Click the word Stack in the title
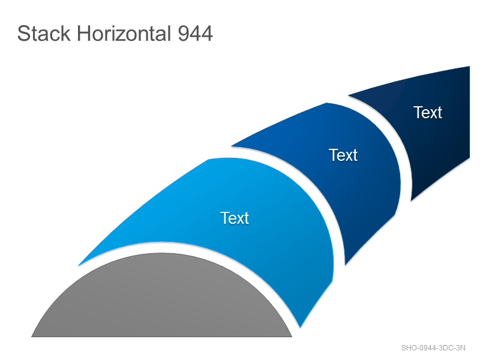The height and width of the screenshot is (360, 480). pyautogui.click(x=44, y=34)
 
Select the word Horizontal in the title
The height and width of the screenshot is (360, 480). pyautogui.click(x=124, y=34)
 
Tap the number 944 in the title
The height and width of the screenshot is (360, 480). pyautogui.click(x=196, y=34)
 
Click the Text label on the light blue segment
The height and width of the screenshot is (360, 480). pyautogui.click(x=235, y=218)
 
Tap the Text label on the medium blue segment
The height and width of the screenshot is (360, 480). pyautogui.click(x=343, y=155)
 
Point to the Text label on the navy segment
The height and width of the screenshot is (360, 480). pyautogui.click(x=428, y=112)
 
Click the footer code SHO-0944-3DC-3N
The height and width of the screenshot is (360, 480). pyautogui.click(x=433, y=348)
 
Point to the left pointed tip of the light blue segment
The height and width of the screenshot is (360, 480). pyautogui.click(x=79, y=265)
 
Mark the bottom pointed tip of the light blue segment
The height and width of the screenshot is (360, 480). pyautogui.click(x=301, y=328)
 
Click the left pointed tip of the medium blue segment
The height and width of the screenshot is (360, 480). pyautogui.click(x=231, y=146)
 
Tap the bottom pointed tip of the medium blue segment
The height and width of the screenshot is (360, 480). pyautogui.click(x=346, y=265)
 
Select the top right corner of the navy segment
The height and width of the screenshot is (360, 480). pyautogui.click(x=470, y=66)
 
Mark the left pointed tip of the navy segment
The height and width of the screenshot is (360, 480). pyautogui.click(x=349, y=95)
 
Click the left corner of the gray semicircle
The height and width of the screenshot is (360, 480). pyautogui.click(x=32, y=337)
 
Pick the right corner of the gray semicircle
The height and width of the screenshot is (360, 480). pyautogui.click(x=292, y=337)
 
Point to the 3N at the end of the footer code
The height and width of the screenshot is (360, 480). pyautogui.click(x=460, y=348)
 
